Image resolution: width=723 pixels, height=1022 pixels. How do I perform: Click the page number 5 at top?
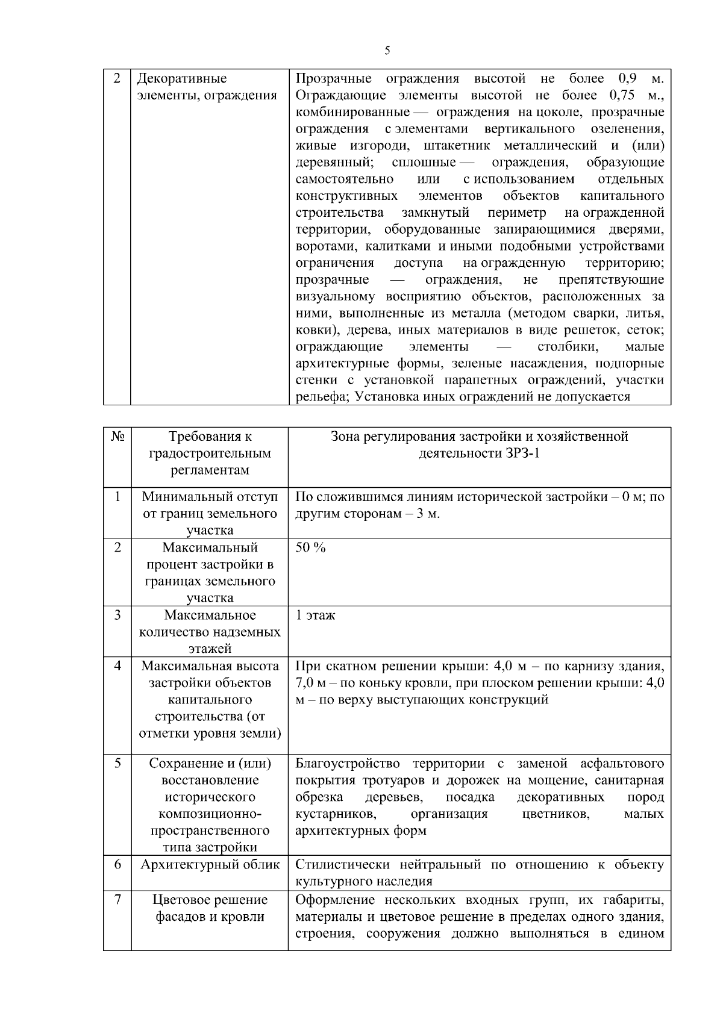(x=387, y=51)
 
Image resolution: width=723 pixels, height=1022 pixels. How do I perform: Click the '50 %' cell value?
(x=310, y=547)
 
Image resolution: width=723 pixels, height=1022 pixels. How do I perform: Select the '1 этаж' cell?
(x=315, y=615)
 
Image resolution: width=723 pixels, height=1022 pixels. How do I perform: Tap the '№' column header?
(x=117, y=437)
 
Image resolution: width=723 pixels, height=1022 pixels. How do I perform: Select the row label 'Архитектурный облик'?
(x=210, y=865)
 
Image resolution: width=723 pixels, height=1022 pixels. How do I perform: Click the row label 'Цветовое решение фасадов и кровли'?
(x=210, y=908)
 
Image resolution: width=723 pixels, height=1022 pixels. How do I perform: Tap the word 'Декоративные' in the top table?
(x=182, y=78)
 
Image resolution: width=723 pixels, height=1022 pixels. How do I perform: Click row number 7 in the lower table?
(x=117, y=899)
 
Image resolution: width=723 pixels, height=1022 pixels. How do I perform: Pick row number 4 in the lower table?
(x=117, y=665)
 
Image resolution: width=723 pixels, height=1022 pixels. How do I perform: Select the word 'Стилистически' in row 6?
(x=343, y=865)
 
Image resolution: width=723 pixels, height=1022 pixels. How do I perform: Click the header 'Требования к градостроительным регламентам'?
(x=210, y=453)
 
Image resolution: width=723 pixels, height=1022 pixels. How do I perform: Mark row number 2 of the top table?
(x=117, y=78)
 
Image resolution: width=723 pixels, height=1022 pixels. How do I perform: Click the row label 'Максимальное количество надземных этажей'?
(x=210, y=632)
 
